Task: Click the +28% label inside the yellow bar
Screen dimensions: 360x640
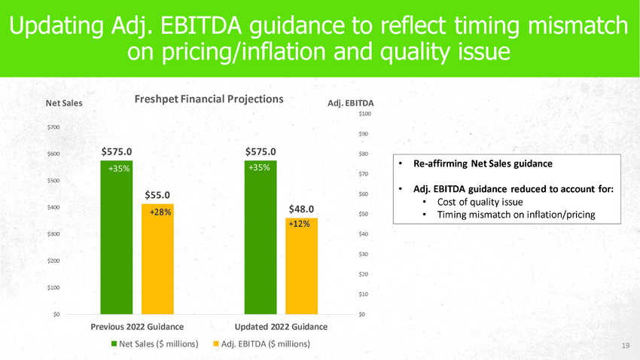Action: coord(159,212)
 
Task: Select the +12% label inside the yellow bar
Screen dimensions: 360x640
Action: coord(300,224)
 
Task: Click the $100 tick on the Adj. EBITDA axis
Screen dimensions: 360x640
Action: coord(364,114)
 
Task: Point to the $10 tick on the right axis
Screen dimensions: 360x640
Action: coord(364,294)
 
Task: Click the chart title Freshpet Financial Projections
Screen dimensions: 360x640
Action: coord(209,99)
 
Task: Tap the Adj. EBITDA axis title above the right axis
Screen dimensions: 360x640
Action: coord(352,103)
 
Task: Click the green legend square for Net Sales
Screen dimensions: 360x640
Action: coord(115,344)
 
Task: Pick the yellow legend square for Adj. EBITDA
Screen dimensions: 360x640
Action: coord(215,344)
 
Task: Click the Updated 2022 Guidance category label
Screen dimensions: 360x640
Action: coord(281,327)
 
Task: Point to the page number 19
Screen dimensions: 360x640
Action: coord(625,346)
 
